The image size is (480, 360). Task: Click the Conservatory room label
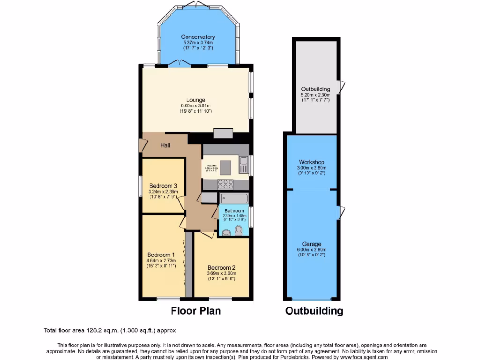tap(198, 37)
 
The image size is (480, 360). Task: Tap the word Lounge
tap(196, 100)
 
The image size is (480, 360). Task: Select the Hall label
tap(165, 145)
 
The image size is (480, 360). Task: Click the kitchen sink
tap(243, 164)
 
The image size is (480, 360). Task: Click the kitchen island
tap(226, 167)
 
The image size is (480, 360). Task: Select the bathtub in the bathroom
tap(233, 198)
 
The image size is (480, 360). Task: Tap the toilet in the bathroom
tap(239, 230)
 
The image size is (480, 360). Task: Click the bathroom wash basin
tap(226, 232)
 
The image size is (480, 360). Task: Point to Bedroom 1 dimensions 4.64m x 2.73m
tap(160, 261)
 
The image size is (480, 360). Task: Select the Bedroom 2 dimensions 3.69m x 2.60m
tap(222, 273)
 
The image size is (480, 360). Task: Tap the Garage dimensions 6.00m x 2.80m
tap(312, 250)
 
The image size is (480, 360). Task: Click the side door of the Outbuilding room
tap(343, 86)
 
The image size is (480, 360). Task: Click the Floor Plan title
tap(195, 310)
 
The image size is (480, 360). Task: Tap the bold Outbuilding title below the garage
tap(314, 311)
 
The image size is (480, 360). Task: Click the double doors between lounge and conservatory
tap(179, 63)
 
